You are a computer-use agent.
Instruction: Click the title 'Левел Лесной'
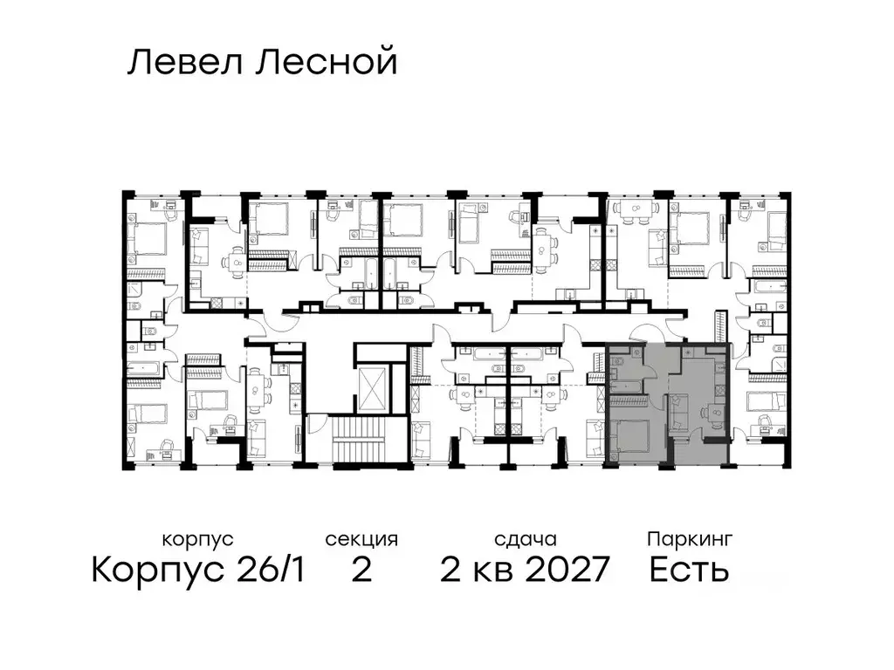(x=262, y=63)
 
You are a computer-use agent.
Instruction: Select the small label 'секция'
(x=361, y=540)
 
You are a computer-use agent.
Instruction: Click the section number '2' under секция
(x=361, y=571)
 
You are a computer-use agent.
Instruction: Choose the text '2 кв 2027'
(x=524, y=571)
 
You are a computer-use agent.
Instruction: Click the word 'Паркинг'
(x=689, y=540)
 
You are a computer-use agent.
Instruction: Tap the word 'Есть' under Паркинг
(x=689, y=571)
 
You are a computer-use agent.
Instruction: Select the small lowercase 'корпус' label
(x=197, y=540)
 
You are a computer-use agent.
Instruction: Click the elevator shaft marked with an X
(x=369, y=385)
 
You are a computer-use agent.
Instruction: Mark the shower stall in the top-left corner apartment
(x=140, y=291)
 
